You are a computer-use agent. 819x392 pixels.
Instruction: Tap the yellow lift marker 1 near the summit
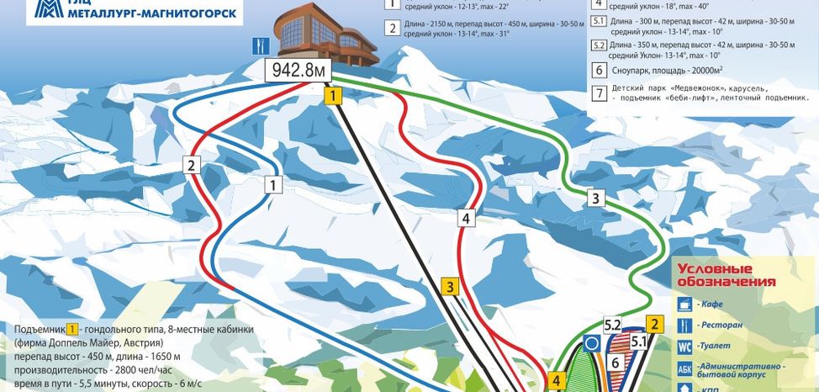point(335,96)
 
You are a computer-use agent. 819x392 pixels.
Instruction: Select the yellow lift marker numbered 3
point(451,287)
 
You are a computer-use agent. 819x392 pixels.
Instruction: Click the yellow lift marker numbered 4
point(555,380)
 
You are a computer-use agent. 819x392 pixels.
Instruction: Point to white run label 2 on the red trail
point(193,166)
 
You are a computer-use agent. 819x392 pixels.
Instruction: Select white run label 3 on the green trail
point(595,199)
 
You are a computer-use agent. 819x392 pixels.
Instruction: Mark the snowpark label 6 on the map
point(616,363)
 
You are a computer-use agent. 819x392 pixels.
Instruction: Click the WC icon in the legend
point(685,345)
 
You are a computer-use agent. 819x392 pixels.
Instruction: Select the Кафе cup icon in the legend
point(685,304)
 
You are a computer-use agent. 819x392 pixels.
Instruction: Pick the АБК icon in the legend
point(685,368)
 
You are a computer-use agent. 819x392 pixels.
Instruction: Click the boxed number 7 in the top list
point(599,93)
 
